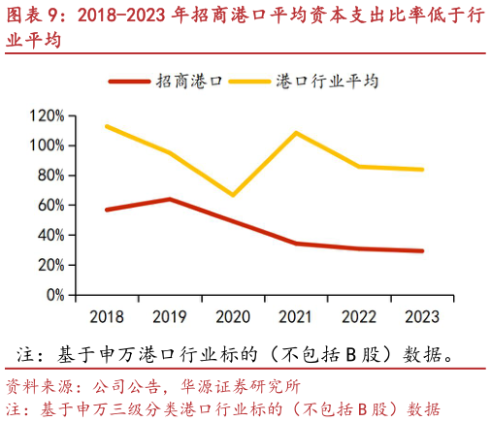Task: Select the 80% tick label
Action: click(x=49, y=176)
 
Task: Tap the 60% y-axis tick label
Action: click(x=49, y=206)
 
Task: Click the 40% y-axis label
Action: click(x=49, y=236)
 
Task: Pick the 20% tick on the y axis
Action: click(x=49, y=265)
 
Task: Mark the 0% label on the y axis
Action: click(x=52, y=295)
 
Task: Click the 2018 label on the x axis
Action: click(x=106, y=317)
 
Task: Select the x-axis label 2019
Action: click(x=169, y=317)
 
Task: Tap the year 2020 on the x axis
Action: click(x=232, y=317)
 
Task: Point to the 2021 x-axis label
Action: click(x=295, y=317)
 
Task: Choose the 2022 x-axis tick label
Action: click(x=358, y=317)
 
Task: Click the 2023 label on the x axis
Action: click(x=421, y=317)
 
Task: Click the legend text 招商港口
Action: click(x=190, y=81)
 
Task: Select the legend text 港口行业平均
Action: click(x=327, y=81)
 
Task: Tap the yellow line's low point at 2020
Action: click(x=232, y=195)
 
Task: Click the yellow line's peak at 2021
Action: click(x=295, y=133)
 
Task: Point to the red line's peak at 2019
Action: click(x=169, y=199)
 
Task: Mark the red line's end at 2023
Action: click(x=421, y=251)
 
